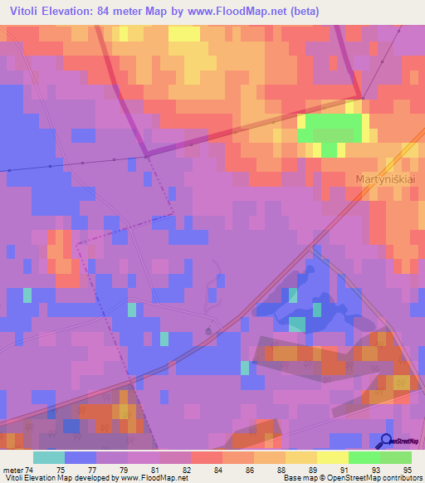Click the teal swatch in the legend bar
pyautogui.click(x=49, y=456)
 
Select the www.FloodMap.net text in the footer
pyautogui.click(x=154, y=478)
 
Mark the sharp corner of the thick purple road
pyautogui.click(x=359, y=97)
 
